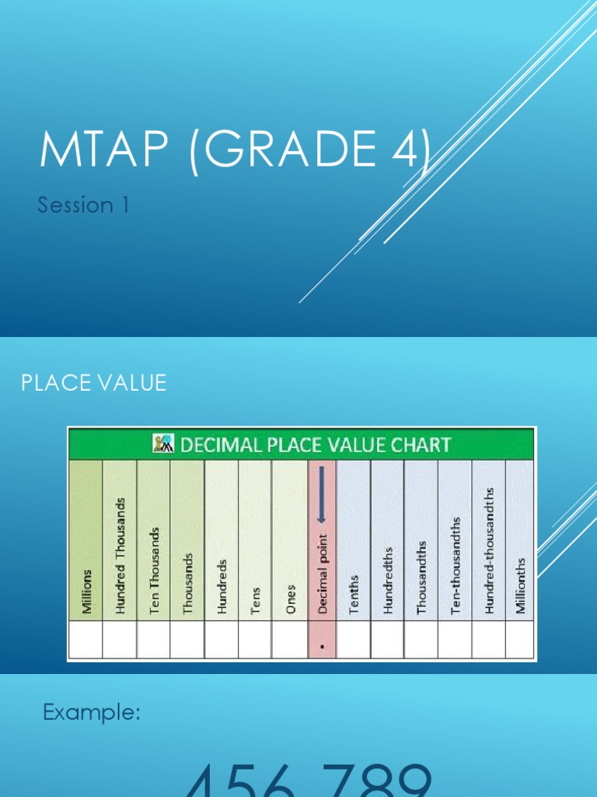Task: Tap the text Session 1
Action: point(83,205)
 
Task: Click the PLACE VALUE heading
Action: point(93,383)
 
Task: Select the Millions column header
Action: point(86,591)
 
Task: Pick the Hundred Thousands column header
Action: point(120,556)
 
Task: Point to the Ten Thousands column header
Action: point(154,571)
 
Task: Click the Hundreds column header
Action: point(222,586)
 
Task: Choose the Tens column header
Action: point(255,600)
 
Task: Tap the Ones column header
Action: point(290,599)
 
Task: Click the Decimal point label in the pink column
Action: point(323,574)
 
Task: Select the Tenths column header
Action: point(354,595)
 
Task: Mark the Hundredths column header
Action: point(388,581)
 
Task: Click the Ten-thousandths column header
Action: point(455,565)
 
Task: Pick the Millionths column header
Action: point(521,585)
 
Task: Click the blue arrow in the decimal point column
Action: point(322,498)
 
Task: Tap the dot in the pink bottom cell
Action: point(323,645)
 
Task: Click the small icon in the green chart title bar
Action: point(163,444)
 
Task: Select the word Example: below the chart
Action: point(91,712)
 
